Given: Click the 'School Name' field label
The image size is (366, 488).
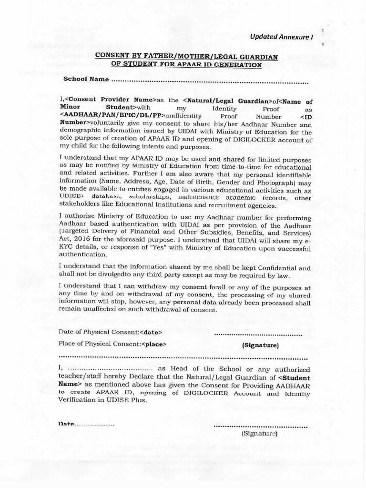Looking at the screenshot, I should coord(86,79).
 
